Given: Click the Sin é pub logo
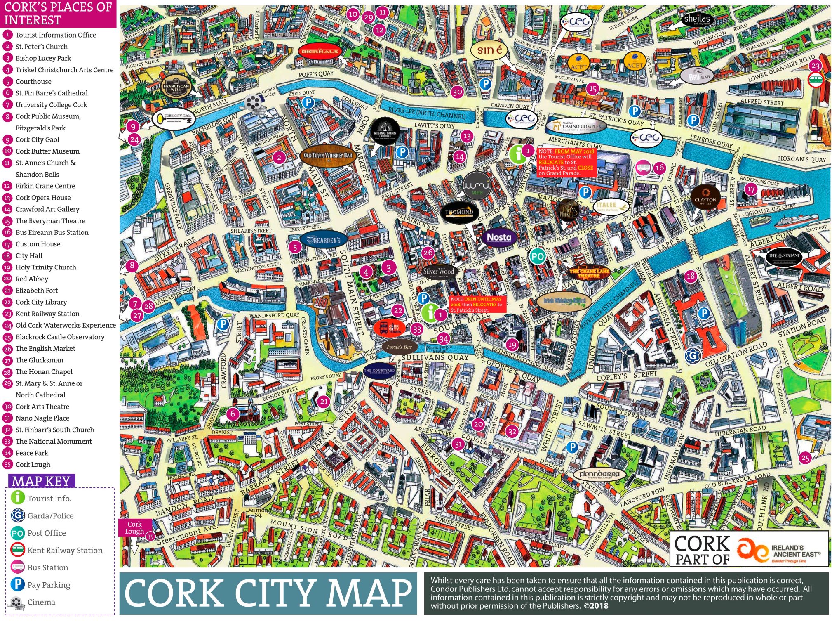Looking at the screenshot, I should point(489,50).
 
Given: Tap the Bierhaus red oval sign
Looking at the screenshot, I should point(320,52).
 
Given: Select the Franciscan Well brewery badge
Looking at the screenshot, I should point(176,86).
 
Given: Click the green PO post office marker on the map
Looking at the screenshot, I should point(537,257).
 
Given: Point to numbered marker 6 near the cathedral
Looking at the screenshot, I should point(233,414).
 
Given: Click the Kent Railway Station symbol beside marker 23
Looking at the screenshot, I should point(816,79).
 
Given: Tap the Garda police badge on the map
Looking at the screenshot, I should point(693,355).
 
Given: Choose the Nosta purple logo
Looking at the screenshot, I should point(499,237).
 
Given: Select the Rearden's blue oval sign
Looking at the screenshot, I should point(324,240).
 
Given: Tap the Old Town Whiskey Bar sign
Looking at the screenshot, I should point(328,156).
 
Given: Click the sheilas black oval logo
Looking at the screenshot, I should point(697,19).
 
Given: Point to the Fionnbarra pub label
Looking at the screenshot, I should point(599,474).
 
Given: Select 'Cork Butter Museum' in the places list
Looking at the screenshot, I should point(47,151).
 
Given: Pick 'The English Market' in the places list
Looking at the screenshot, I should point(45,348).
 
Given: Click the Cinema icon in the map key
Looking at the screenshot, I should point(17,603).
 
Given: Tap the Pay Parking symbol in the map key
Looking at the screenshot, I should point(17,584).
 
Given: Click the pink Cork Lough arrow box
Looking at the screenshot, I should point(134,528).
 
